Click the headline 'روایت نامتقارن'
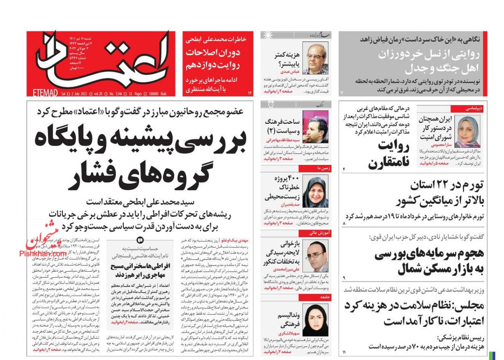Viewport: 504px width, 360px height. click(388, 155)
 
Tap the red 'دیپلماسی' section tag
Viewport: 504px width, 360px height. click(473, 109)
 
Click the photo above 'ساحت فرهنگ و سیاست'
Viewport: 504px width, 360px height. click(315, 126)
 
